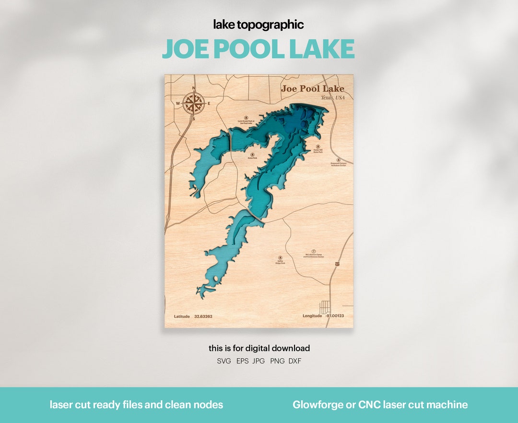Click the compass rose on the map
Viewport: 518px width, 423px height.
(194, 103)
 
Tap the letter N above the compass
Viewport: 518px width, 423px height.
(194, 88)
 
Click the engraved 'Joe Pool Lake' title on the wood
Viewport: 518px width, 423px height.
(312, 88)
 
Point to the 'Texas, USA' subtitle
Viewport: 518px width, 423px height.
(333, 97)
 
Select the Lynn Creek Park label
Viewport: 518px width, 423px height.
(246, 122)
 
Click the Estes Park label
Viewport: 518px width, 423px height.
(253, 157)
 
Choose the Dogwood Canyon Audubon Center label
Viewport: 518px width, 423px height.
(338, 164)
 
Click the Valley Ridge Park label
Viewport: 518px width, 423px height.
(280, 262)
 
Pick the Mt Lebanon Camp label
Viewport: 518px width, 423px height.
(314, 256)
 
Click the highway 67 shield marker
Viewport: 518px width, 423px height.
(338, 264)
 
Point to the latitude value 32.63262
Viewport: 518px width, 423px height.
(203, 316)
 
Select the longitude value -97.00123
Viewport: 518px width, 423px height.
(335, 316)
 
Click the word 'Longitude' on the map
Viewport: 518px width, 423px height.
(312, 316)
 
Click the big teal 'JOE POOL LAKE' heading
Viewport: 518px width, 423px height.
(259, 48)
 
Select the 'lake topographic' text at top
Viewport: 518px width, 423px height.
(259, 25)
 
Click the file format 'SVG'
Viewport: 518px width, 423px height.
(224, 361)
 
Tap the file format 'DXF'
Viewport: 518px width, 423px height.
(295, 361)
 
